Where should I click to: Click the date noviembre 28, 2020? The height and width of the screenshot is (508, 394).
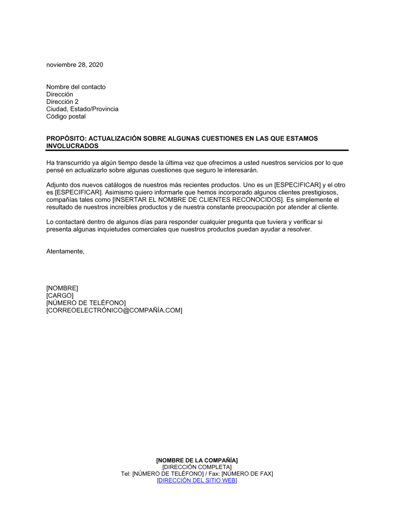[x=74, y=65]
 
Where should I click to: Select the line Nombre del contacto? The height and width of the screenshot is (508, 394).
[x=76, y=87]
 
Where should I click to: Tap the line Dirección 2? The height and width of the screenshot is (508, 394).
[x=62, y=102]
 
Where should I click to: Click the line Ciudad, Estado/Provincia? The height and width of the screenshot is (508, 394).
[x=82, y=109]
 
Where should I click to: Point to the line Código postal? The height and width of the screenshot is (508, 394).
[x=66, y=117]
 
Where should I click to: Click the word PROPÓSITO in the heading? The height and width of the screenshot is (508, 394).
[x=65, y=139]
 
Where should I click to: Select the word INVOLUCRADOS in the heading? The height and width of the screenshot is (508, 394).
[x=72, y=146]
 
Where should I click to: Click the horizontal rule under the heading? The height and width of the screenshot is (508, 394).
[x=197, y=150]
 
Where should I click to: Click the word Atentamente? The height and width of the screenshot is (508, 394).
[x=65, y=252]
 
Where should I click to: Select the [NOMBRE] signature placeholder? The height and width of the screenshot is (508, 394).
[x=62, y=288]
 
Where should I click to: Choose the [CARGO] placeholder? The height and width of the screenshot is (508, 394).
[x=59, y=296]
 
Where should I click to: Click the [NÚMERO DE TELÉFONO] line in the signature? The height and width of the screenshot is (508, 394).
[x=86, y=303]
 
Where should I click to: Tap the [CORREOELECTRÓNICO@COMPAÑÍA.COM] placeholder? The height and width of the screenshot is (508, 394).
[x=114, y=310]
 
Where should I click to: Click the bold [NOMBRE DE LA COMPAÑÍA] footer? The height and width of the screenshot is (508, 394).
[x=197, y=460]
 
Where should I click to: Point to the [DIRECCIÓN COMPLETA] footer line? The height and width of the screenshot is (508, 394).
[x=197, y=467]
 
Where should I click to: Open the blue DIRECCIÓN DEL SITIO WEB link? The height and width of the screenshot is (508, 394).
[x=197, y=480]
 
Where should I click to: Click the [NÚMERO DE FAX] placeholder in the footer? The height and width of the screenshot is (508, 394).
[x=247, y=474]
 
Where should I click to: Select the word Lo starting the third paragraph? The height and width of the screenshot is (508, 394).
[x=50, y=222]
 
